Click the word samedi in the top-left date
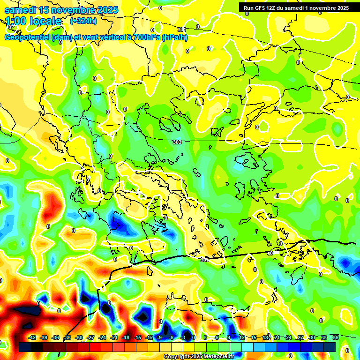click(21, 10)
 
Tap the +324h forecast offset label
click(83, 21)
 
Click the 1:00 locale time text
click(34, 21)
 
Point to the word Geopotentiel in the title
click(28, 37)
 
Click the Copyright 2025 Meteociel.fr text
click(199, 356)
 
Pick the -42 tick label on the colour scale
click(32, 337)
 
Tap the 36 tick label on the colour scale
click(335, 337)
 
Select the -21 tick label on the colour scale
click(114, 337)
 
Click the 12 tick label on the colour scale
click(242, 337)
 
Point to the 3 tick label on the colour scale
click(205, 337)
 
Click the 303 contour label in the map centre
click(177, 142)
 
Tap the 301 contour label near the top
click(182, 30)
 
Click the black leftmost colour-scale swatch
click(25, 347)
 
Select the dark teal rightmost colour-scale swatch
click(330, 347)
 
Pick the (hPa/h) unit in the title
click(174, 37)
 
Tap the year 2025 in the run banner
click(342, 7)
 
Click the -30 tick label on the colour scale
click(79, 337)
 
